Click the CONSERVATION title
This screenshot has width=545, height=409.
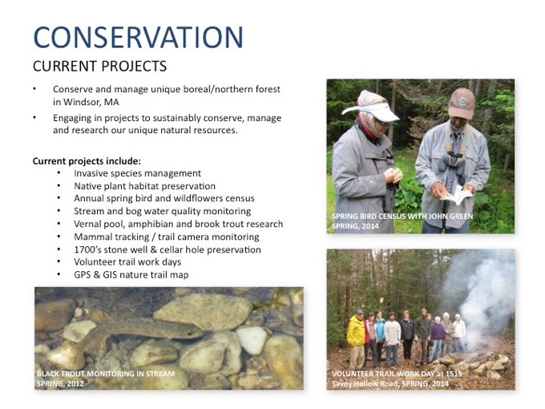point(139,37)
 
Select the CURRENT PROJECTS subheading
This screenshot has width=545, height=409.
point(99,66)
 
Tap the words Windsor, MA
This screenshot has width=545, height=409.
point(91,103)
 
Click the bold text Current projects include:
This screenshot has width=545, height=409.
point(87,161)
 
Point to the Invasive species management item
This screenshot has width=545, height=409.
point(137,173)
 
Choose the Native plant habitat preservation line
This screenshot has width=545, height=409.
point(144,186)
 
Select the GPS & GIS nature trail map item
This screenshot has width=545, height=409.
point(131,275)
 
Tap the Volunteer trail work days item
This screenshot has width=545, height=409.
point(127,262)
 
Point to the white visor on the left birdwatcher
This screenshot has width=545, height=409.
point(370,112)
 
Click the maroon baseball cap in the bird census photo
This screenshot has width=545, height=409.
point(462,103)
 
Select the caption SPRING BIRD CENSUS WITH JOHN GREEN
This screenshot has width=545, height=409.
point(402,217)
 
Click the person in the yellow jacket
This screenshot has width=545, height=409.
point(357,338)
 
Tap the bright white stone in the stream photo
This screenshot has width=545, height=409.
point(252,340)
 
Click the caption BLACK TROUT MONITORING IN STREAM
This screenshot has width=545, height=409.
point(106,374)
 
